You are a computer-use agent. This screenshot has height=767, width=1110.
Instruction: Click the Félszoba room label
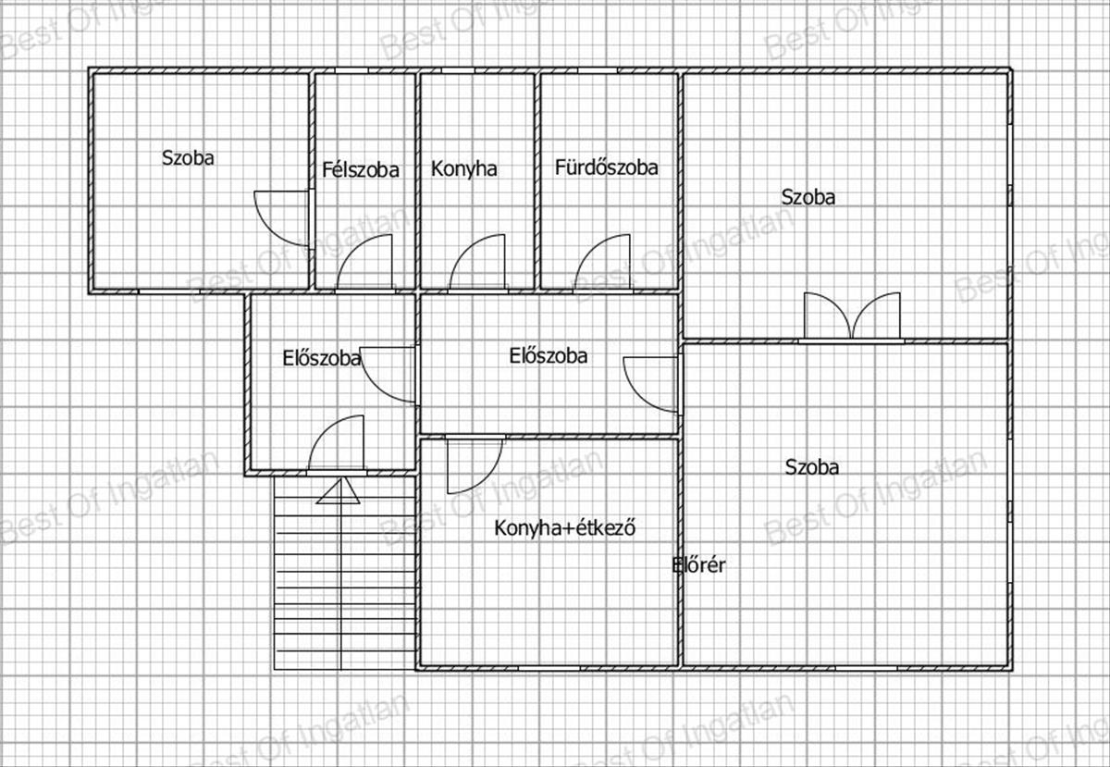point(360,169)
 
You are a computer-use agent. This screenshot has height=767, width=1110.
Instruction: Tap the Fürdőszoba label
point(606,167)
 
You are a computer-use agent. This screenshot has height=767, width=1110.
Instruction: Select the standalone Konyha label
point(463,168)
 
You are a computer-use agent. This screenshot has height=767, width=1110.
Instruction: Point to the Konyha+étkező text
point(565,527)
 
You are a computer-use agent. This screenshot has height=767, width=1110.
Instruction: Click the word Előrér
point(698,565)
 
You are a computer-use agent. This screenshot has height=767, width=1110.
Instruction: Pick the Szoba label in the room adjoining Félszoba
point(188,157)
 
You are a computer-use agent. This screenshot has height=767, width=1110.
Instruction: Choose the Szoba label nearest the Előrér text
point(812,467)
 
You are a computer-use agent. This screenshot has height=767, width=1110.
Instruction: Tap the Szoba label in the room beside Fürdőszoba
point(808,197)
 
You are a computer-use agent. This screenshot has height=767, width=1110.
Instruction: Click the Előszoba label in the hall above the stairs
point(322,358)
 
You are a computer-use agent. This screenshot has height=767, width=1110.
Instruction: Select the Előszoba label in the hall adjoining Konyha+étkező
point(548,355)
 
